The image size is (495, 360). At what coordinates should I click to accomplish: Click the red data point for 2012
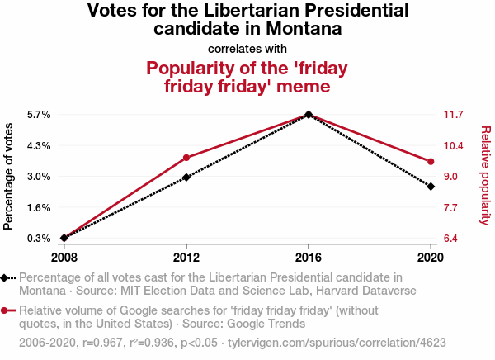(x=186, y=158)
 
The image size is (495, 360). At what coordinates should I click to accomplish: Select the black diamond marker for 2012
(x=186, y=177)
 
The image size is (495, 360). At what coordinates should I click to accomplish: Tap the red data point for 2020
(x=431, y=161)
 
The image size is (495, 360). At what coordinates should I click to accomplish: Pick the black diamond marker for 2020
(x=431, y=187)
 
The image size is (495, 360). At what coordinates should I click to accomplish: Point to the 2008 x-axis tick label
(x=64, y=256)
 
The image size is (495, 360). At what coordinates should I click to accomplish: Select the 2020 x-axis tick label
(x=431, y=256)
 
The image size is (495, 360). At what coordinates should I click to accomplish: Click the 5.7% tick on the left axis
(x=39, y=114)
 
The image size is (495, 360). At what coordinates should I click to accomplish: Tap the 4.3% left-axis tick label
(x=39, y=145)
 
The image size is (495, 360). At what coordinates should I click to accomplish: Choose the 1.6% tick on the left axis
(x=39, y=207)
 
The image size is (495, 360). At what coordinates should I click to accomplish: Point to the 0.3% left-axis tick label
(x=39, y=239)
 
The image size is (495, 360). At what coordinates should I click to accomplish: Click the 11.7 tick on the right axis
(x=455, y=114)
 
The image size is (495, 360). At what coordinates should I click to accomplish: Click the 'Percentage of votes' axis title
(x=9, y=176)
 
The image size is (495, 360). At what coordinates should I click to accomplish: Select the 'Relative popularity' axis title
(x=486, y=175)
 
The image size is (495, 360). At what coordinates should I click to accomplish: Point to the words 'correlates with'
(x=247, y=49)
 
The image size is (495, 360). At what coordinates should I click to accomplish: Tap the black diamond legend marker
(x=7, y=277)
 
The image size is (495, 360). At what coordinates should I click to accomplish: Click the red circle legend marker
(x=7, y=310)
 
